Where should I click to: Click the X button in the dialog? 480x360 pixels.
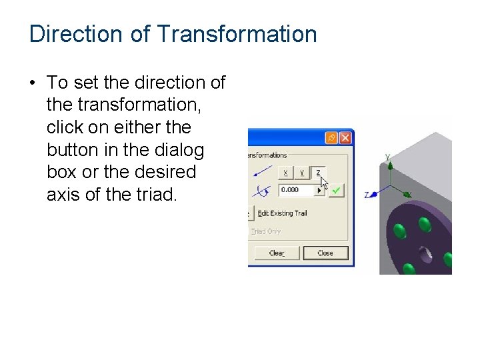tap(285, 172)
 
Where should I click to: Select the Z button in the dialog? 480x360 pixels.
tap(318, 172)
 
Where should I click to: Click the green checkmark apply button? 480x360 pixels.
tap(337, 191)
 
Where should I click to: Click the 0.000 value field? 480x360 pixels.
tap(296, 190)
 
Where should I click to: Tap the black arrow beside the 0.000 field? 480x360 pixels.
tap(319, 191)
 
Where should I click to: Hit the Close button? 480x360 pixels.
tap(325, 253)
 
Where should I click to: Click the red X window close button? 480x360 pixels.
tap(345, 138)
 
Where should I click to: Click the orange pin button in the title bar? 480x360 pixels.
tap(331, 138)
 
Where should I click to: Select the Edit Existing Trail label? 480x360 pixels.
tap(282, 213)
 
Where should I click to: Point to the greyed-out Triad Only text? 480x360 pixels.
tap(266, 231)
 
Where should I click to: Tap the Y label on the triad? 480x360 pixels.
tap(387, 157)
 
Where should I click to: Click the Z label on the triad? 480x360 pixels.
tap(367, 195)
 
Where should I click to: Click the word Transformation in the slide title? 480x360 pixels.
tap(237, 34)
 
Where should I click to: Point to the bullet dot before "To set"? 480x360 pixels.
tap(32, 83)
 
